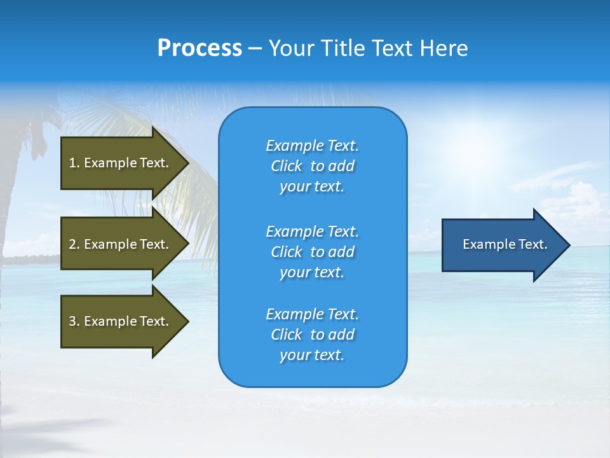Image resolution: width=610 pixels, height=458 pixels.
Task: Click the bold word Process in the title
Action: click(200, 48)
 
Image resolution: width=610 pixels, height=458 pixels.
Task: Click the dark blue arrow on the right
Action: click(502, 244)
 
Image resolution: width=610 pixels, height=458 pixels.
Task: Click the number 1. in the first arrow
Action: click(74, 163)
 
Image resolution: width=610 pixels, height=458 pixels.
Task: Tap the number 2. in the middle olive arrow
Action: click(74, 244)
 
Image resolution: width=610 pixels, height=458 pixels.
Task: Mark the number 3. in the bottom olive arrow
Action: click(74, 321)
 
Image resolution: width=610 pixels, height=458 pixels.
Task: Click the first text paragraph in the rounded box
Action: click(312, 166)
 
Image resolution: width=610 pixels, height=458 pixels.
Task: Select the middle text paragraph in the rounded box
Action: click(312, 252)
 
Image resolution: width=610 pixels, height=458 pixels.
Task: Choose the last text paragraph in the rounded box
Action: click(312, 335)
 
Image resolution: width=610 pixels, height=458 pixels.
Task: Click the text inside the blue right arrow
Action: click(505, 244)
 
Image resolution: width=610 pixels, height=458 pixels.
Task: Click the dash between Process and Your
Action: click(255, 49)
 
